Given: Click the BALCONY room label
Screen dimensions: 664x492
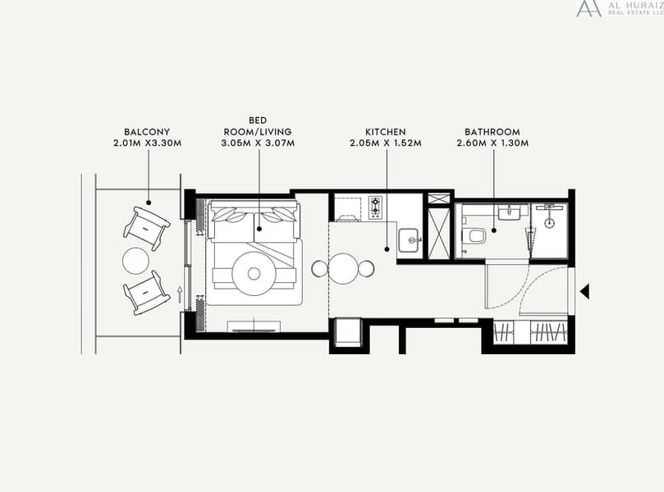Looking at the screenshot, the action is click(147, 132).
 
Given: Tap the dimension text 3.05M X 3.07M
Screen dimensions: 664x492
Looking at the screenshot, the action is click(258, 143).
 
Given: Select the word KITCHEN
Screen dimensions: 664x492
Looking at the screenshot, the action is click(386, 132).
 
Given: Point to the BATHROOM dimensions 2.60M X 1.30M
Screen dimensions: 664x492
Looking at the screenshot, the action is click(492, 143).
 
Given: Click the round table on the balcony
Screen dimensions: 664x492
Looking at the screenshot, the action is click(136, 261).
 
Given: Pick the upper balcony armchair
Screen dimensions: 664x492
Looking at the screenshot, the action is click(147, 228).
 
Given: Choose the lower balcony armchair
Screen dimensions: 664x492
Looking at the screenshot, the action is click(147, 293).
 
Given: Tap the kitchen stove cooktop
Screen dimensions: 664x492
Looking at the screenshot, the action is click(375, 207).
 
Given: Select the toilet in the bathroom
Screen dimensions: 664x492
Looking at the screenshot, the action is click(474, 236).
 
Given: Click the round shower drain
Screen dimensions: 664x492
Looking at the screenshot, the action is click(550, 223).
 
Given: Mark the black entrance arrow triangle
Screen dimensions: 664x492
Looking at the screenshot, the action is click(585, 291).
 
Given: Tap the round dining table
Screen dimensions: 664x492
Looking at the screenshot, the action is click(342, 268).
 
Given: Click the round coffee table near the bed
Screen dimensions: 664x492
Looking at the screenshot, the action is click(254, 274).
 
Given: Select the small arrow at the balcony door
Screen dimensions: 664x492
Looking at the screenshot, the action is click(180, 294).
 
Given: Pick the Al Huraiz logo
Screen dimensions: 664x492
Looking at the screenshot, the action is click(620, 8).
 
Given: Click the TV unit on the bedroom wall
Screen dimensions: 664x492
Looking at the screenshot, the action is click(254, 326).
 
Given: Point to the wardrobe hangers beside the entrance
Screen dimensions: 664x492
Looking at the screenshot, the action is click(530, 332).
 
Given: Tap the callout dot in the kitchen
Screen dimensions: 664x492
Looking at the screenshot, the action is click(387, 249).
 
